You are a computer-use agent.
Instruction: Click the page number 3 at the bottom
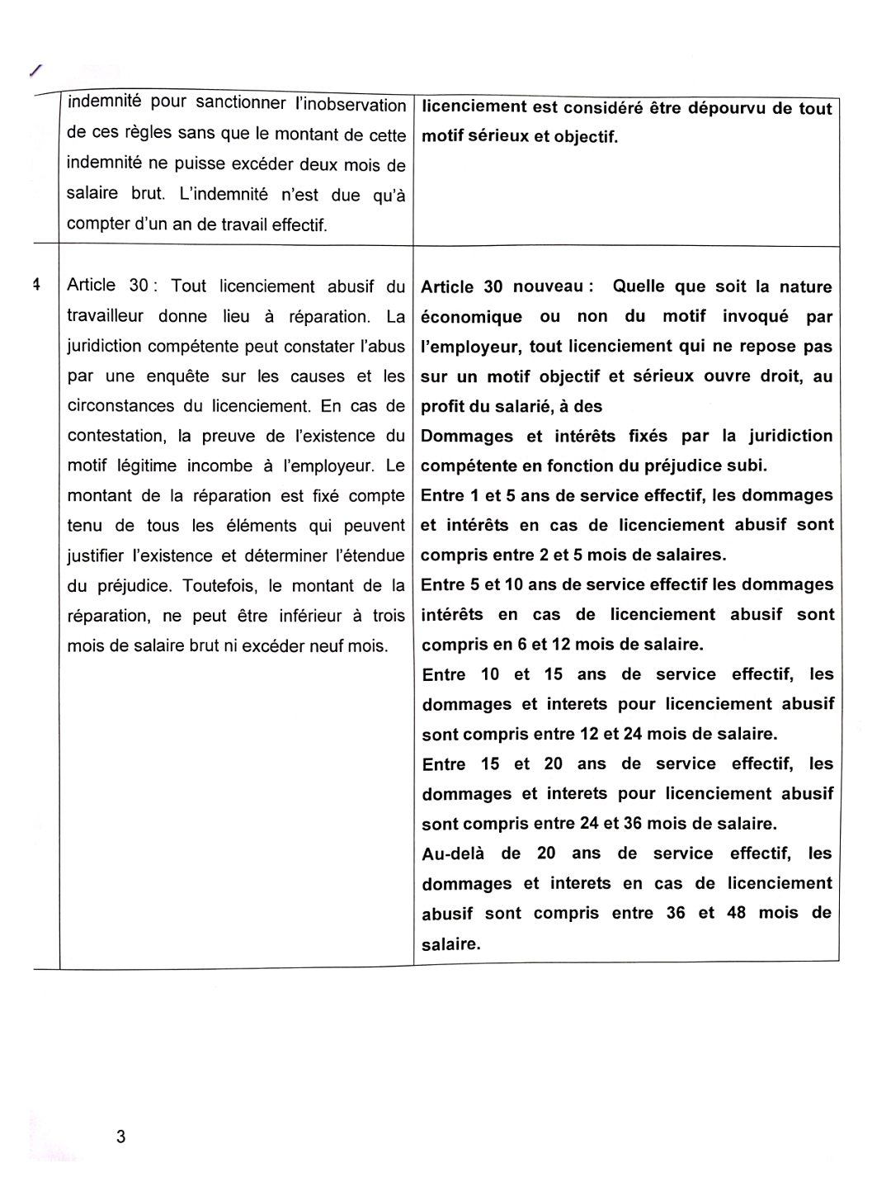coord(120,1137)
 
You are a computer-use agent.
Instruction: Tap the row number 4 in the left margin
coord(35,286)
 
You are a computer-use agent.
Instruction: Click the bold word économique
coord(471,317)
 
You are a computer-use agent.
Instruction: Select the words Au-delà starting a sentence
coord(453,853)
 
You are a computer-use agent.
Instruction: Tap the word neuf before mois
coord(326,645)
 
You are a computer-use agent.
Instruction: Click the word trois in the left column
coord(387,616)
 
